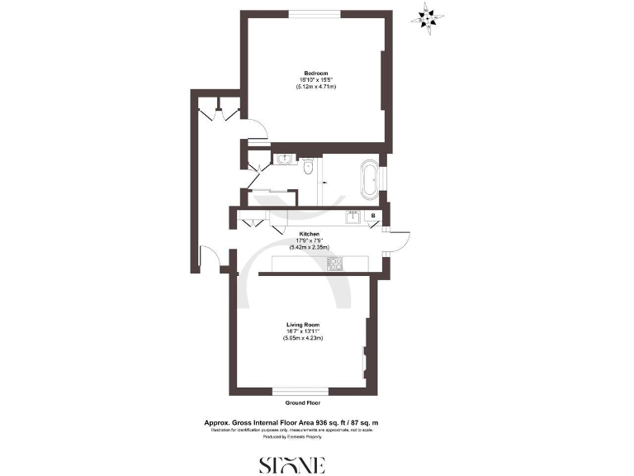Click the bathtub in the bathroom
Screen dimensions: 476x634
369,181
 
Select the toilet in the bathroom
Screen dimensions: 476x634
307,168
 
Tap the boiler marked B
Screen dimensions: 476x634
374,217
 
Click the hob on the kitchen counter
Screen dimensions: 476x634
335,264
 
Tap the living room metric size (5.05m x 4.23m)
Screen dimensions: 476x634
300,338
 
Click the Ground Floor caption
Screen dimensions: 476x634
301,402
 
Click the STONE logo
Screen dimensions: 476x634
293,464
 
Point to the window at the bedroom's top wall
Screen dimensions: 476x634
315,12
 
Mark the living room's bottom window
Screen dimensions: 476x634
300,390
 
